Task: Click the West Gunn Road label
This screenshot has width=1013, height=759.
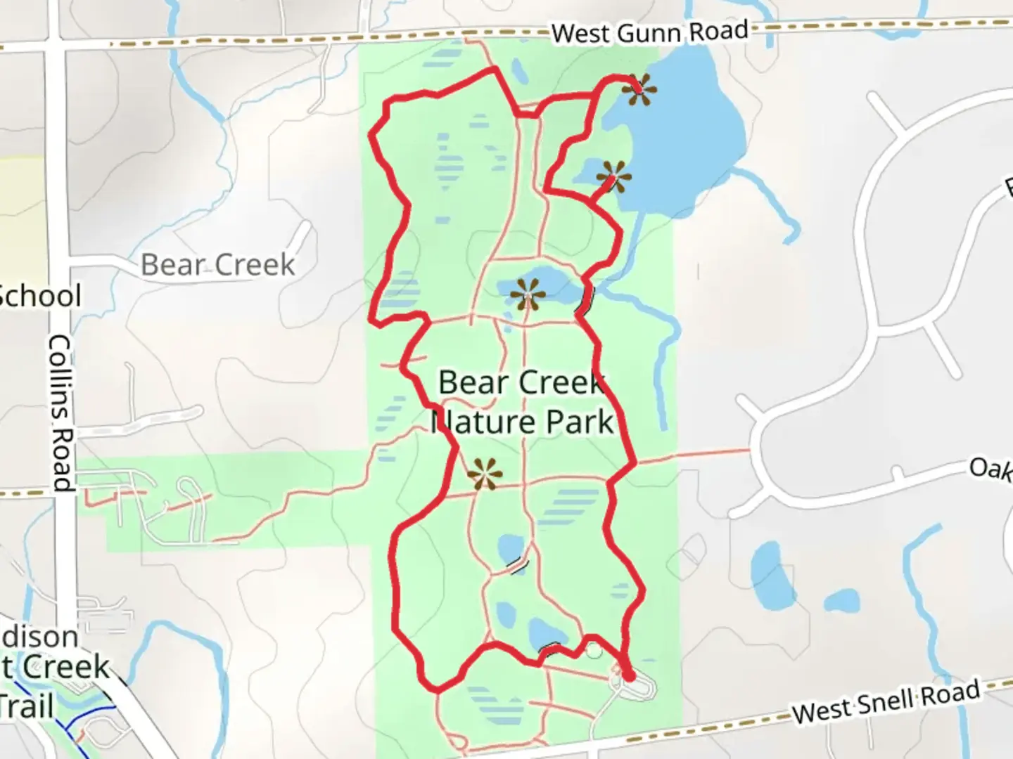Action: coord(649,32)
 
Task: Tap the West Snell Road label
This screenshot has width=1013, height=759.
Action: coord(886,701)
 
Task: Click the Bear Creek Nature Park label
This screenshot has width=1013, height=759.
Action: coord(522,403)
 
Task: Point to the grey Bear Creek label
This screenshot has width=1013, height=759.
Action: coord(218,265)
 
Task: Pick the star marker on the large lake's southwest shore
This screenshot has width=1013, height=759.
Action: coord(613,176)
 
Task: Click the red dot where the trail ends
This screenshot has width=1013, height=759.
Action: coord(629,676)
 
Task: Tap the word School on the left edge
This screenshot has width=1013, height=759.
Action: coord(40,296)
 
